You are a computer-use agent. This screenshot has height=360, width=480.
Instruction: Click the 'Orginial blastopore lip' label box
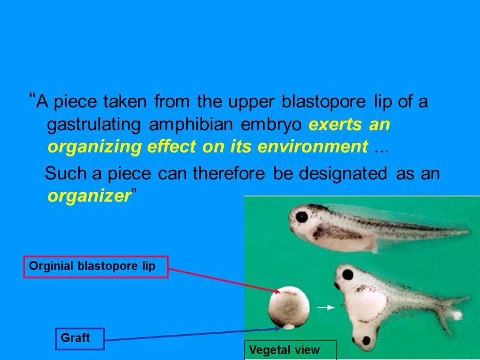95,267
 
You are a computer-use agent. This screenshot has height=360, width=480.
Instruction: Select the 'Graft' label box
80,338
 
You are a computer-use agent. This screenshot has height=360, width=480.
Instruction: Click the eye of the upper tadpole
301,217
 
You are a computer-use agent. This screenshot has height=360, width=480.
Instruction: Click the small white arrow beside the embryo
325,307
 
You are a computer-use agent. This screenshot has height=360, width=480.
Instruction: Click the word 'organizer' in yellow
88,197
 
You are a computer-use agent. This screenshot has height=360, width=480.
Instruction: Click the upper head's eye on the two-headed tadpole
346,275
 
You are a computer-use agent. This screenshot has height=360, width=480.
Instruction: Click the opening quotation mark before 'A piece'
32,98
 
